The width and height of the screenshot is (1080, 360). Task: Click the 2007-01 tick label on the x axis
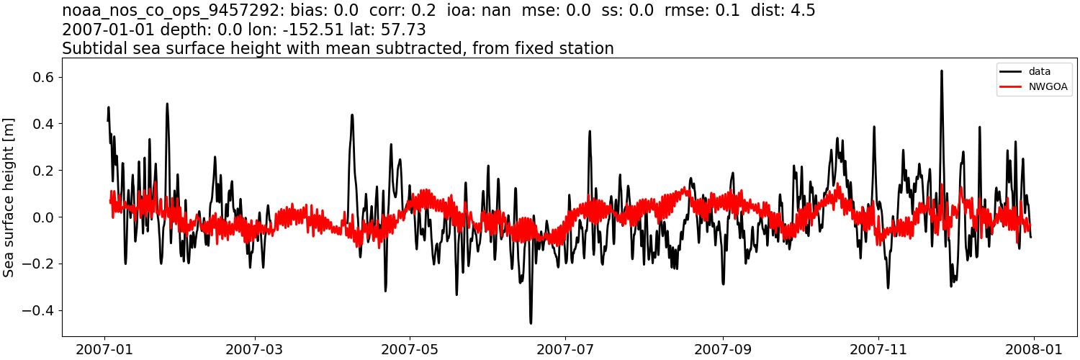pos(105,350)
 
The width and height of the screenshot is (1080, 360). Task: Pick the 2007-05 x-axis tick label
pos(410,350)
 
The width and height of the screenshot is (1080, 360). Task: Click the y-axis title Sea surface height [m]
pos(9,197)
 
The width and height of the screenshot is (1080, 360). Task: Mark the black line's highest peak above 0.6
pos(941,71)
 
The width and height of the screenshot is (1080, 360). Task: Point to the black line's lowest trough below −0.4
pos(531,323)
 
